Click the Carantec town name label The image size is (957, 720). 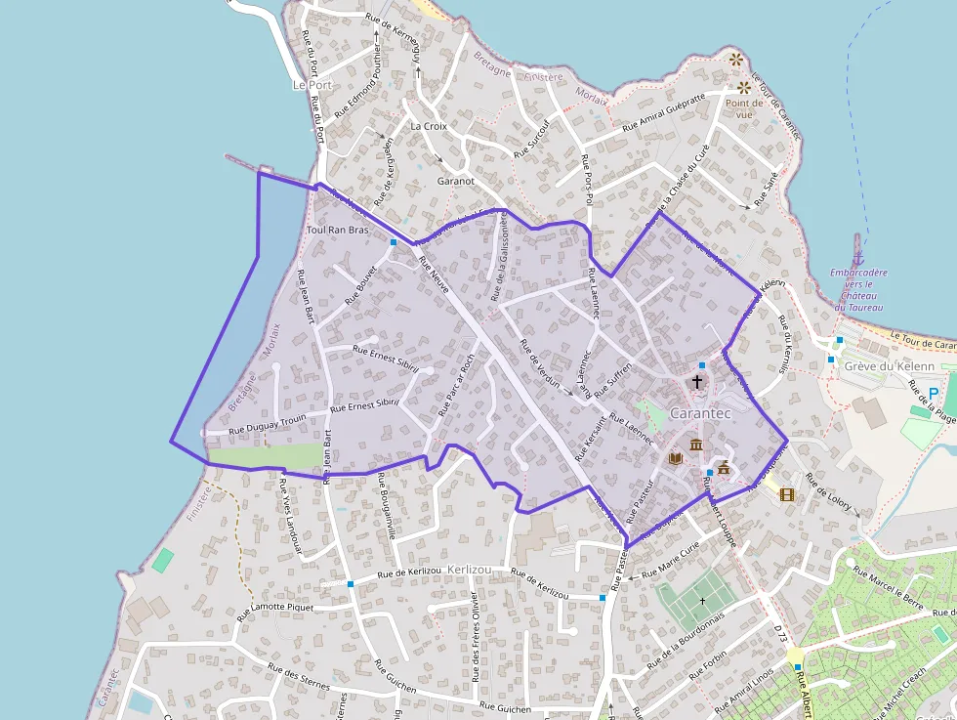[700, 412]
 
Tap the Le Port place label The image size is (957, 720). [312, 85]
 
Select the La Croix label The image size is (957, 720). [428, 126]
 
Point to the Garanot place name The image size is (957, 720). [455, 181]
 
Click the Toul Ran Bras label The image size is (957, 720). [337, 230]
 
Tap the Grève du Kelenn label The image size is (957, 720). [889, 366]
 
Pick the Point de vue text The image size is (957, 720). [743, 108]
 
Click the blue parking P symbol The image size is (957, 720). [934, 394]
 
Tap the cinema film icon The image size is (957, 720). [787, 493]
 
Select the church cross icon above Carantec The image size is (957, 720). [697, 381]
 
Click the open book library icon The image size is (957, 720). [675, 457]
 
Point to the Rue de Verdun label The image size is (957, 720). [540, 362]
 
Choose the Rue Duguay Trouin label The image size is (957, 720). [267, 423]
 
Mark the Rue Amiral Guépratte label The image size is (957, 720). [663, 113]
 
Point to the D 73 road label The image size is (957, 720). [780, 634]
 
